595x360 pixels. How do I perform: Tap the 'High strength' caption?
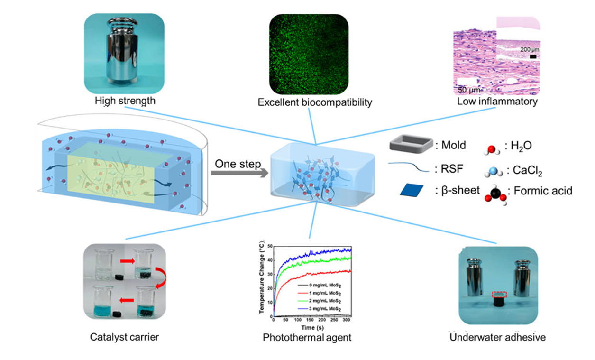click(x=125, y=101)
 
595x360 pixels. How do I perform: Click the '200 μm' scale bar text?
click(x=530, y=49)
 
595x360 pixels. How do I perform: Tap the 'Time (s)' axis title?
click(x=312, y=327)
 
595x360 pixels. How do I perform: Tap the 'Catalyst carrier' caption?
click(x=124, y=337)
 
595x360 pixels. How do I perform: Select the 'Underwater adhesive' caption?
click(x=497, y=337)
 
